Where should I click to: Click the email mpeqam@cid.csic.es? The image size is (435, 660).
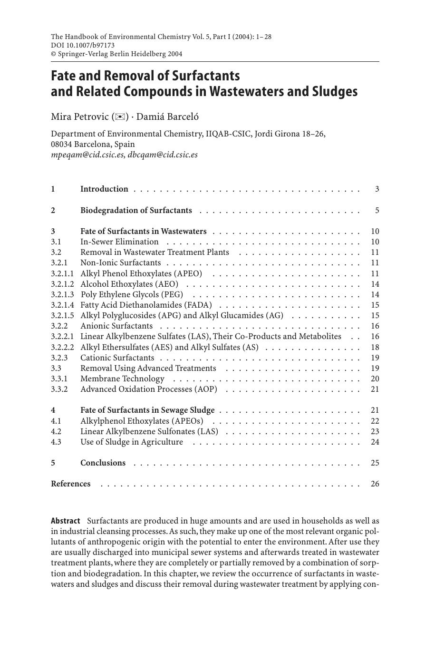pyautogui.click(x=88, y=155)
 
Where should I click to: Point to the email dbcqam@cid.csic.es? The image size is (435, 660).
pyautogui.click(x=163, y=155)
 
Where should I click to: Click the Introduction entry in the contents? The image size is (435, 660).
pyautogui.click(x=104, y=189)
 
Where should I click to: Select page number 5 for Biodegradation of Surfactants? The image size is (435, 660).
pyautogui.click(x=377, y=211)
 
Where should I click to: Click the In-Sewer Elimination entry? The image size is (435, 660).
pyautogui.click(x=119, y=242)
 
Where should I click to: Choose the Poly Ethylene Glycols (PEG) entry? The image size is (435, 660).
pyautogui.click(x=132, y=295)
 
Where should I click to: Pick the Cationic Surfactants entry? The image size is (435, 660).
pyautogui.click(x=117, y=358)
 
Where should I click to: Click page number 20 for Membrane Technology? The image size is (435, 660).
pyautogui.click(x=375, y=379)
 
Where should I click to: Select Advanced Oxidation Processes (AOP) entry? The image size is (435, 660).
pyautogui.click(x=149, y=389)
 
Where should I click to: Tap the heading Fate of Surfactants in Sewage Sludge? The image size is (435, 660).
pyautogui.click(x=147, y=410)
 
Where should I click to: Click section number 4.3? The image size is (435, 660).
pyautogui.click(x=57, y=442)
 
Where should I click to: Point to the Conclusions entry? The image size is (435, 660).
pyautogui.click(x=103, y=463)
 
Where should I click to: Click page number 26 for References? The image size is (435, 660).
pyautogui.click(x=375, y=484)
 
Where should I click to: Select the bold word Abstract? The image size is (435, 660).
pyautogui.click(x=65, y=521)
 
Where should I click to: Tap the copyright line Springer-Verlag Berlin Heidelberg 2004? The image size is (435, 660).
pyautogui.click(x=116, y=54)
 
